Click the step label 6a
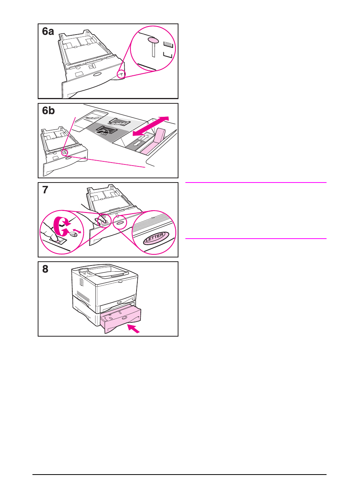[48, 32]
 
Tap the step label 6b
[48, 111]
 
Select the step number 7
[45, 190]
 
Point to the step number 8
[45, 269]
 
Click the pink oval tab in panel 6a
[153, 40]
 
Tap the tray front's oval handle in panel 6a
[97, 74]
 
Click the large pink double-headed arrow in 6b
[150, 126]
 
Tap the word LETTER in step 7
[155, 238]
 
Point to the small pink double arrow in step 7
[77, 231]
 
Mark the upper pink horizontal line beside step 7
[256, 183]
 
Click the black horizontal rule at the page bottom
[180, 475]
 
